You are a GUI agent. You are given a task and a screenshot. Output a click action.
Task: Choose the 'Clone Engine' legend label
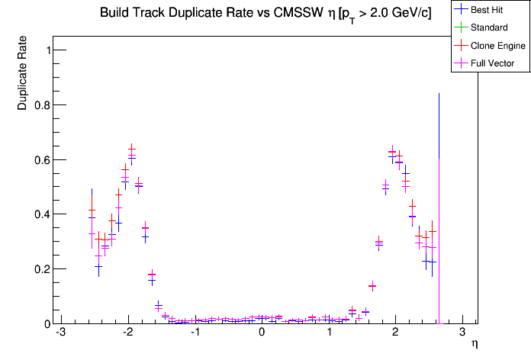(498, 46)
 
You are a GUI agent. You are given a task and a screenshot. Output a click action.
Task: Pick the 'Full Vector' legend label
(493, 63)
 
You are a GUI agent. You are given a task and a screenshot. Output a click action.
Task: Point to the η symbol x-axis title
(475, 345)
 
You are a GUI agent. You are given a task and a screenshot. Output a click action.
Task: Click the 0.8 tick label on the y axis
(37, 105)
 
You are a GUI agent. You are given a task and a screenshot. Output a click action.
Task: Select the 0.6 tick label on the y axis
(37, 160)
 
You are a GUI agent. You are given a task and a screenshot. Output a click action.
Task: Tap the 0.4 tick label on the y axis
(37, 214)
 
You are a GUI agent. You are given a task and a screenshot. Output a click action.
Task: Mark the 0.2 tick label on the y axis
(37, 269)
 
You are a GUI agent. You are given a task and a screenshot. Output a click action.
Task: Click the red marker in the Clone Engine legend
(462, 46)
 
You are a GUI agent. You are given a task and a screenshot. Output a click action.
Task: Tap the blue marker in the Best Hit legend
(462, 11)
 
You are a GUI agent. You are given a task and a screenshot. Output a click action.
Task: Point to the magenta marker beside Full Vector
(462, 63)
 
